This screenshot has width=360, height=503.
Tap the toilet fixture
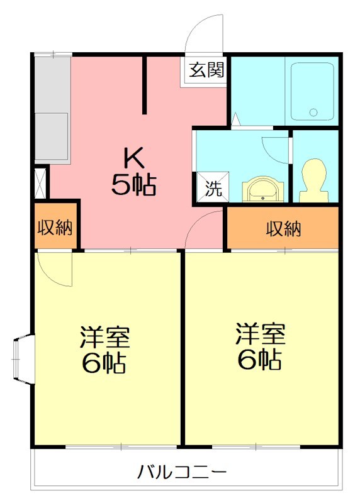[313, 180]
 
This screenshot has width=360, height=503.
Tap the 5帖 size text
[133, 185]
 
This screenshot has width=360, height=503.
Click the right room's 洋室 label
[261, 334]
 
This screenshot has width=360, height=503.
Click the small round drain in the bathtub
[313, 113]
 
